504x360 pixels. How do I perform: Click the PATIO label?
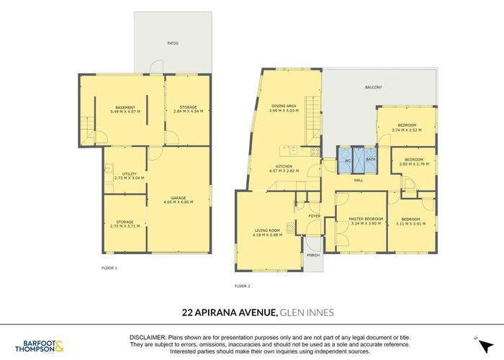(x=174, y=44)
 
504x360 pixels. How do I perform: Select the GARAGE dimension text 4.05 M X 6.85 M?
(x=179, y=202)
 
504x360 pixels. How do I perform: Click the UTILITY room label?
(x=129, y=174)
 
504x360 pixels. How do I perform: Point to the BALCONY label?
(x=373, y=88)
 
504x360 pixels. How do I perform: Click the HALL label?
(x=358, y=180)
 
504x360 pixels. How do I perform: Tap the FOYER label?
(x=315, y=215)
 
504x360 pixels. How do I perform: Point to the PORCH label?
(x=313, y=256)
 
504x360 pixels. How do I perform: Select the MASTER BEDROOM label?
(x=366, y=218)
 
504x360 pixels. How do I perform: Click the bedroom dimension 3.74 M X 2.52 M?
(x=407, y=130)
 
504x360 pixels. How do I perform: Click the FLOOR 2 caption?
(x=243, y=287)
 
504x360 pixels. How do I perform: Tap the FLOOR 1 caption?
(x=109, y=268)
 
